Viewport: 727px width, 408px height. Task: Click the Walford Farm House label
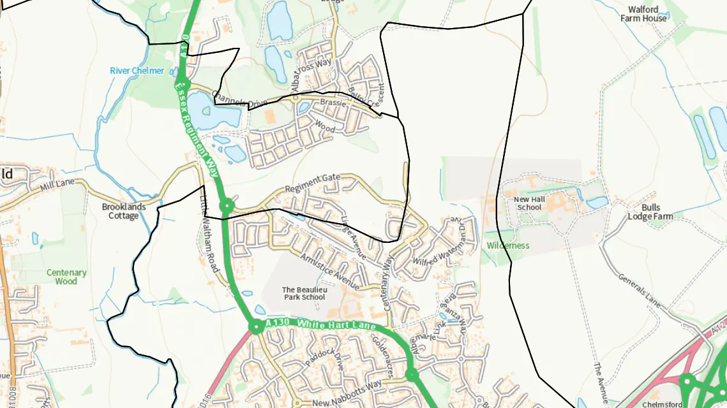coord(647,14)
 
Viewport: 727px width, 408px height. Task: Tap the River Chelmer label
coord(137,71)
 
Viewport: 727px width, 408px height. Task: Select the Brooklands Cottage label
coord(124,211)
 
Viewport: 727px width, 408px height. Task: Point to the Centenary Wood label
coord(66,277)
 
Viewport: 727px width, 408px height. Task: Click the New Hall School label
coord(529,203)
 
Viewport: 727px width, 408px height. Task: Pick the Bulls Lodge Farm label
coord(651,212)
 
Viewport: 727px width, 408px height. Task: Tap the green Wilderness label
coord(508,245)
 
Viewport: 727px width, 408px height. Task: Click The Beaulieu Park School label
coord(304,293)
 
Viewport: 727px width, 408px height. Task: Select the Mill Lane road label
coord(57,186)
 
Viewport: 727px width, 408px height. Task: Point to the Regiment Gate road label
coord(313,183)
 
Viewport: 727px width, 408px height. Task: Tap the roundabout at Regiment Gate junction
coord(226,206)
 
